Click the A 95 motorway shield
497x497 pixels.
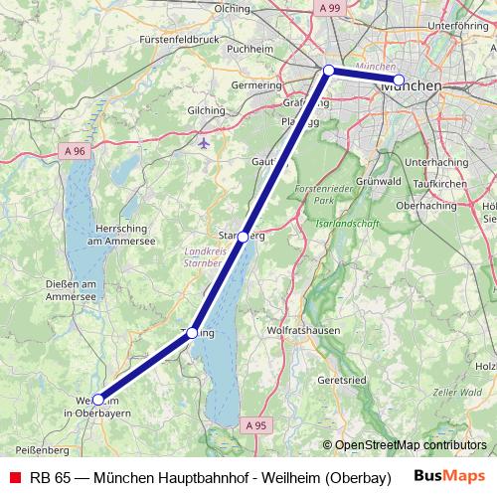(x=256, y=424)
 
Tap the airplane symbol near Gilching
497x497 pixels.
(x=205, y=141)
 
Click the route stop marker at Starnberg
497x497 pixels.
(x=244, y=237)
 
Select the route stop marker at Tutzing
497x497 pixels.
(x=193, y=333)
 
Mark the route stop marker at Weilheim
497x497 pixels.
(x=97, y=400)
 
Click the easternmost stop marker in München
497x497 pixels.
(x=399, y=80)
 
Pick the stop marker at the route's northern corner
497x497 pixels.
(x=328, y=71)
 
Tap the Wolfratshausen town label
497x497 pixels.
(x=304, y=330)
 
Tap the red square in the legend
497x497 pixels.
(x=14, y=475)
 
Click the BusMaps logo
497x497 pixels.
(x=449, y=475)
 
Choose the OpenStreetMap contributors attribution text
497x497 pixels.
(x=405, y=445)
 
